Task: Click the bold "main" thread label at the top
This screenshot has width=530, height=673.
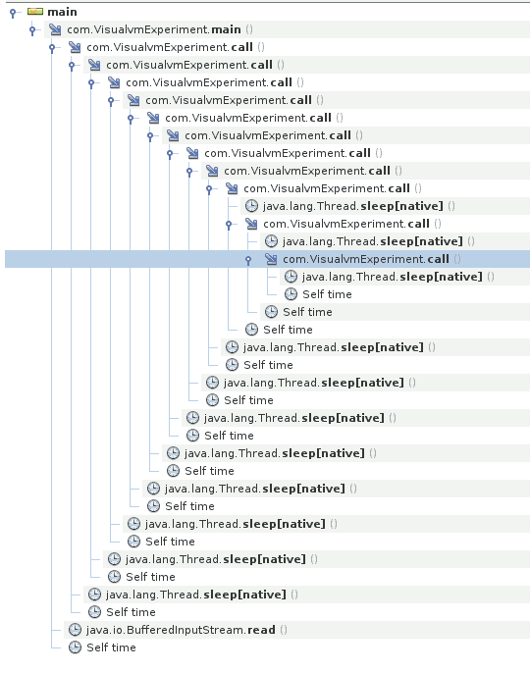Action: pyautogui.click(x=62, y=12)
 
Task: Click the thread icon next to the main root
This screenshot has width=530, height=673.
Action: pyautogui.click(x=35, y=12)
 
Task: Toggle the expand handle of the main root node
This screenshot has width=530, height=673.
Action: pyautogui.click(x=13, y=12)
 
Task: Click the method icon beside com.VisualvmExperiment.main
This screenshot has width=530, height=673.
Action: pyautogui.click(x=55, y=29)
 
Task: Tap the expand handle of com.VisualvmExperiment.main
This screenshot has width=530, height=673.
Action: pyautogui.click(x=32, y=29)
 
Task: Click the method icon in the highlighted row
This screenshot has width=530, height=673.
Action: pyautogui.click(x=271, y=259)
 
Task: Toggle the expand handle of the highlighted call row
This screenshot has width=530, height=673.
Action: pyautogui.click(x=248, y=259)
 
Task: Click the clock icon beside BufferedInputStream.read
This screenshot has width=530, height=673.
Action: pyautogui.click(x=75, y=630)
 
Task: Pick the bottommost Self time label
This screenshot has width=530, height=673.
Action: pyautogui.click(x=111, y=647)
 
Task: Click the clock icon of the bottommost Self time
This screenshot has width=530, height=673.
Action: pyautogui.click(x=75, y=647)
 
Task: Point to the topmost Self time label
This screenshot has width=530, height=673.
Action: pyautogui.click(x=327, y=294)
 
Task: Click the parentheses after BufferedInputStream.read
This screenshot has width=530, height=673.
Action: pyautogui.click(x=284, y=630)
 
